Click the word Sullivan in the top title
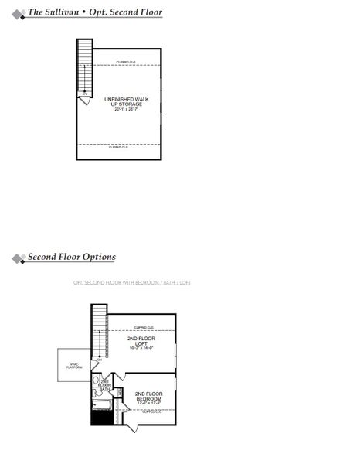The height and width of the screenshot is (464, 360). [66, 12]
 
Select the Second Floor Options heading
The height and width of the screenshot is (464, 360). [72, 257]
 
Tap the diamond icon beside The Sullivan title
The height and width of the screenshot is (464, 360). [17, 13]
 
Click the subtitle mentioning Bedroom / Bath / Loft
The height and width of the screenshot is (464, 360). [131, 282]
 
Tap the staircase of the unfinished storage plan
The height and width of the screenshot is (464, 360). [84, 66]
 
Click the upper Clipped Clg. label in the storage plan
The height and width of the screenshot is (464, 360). [127, 62]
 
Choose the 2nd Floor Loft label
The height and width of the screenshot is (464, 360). [141, 341]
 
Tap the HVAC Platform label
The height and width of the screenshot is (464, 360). [74, 366]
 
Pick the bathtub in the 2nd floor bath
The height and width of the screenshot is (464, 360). [101, 404]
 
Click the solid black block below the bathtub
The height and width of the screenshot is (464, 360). [101, 418]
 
